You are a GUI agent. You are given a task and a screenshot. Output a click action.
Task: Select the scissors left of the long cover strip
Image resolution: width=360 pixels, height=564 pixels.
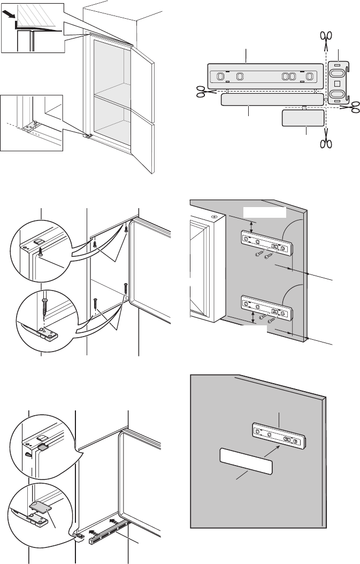(x=202, y=92)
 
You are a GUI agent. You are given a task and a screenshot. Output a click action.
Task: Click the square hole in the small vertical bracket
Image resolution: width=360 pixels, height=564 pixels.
(x=337, y=83)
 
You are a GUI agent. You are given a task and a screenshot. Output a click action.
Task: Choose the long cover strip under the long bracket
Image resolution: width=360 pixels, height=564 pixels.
(x=272, y=100)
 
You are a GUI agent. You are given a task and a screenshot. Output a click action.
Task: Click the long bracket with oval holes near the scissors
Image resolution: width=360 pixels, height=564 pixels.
(x=265, y=75)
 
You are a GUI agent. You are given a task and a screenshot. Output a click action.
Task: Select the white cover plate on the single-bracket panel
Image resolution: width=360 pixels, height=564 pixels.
(x=246, y=462)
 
